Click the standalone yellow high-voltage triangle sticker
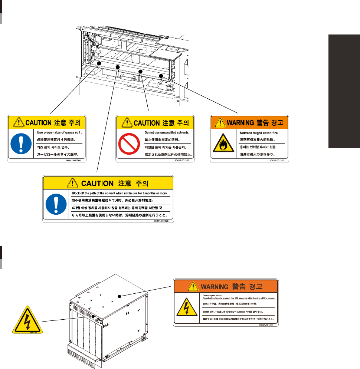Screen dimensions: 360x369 26,320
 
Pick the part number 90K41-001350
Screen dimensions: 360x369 185,161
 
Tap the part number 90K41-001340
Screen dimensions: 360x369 279,161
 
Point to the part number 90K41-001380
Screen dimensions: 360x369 269,324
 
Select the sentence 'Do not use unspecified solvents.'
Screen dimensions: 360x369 167,132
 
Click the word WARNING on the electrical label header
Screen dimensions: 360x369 214,286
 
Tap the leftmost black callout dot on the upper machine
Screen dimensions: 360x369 99,64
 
